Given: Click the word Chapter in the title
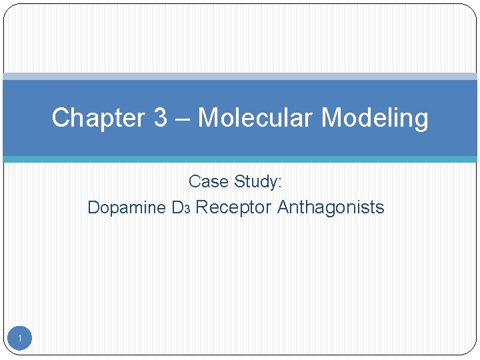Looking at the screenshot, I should coord(98,118).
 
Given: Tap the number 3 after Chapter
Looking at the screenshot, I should coord(161,118).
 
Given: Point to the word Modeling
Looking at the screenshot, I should coord(375,119).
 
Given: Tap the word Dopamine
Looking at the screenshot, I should coord(127,207).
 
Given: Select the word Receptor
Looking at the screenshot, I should coord(233,207).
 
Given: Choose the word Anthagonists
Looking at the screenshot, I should coord(331,207).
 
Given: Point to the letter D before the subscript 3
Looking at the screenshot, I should coord(177,207).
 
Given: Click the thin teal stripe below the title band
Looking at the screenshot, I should coord(240,159).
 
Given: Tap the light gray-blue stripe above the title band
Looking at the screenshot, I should coord(240,77).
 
